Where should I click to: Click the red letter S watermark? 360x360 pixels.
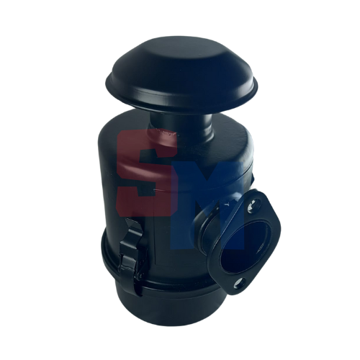point(147,171)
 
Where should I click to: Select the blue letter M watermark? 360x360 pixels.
point(207,204)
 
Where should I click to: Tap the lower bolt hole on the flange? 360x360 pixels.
point(240,282)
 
